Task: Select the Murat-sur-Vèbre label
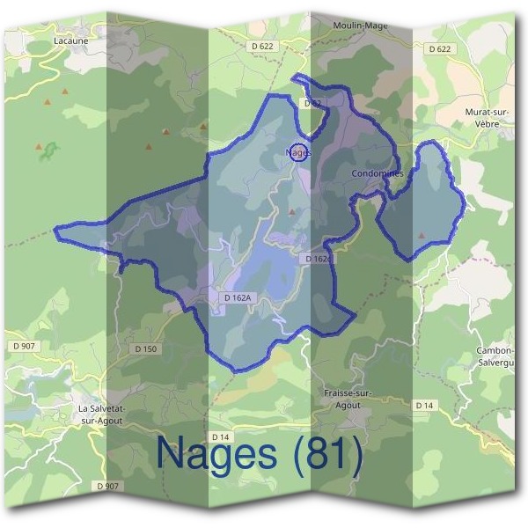[488, 119]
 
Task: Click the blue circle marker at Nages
[298, 151]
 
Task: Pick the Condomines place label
[378, 173]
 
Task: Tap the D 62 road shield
[311, 103]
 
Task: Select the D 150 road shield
[146, 349]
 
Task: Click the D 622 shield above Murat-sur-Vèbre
[439, 49]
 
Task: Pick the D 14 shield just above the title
[221, 437]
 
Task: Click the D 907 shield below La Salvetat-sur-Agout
[106, 485]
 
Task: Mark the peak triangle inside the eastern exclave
[422, 236]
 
